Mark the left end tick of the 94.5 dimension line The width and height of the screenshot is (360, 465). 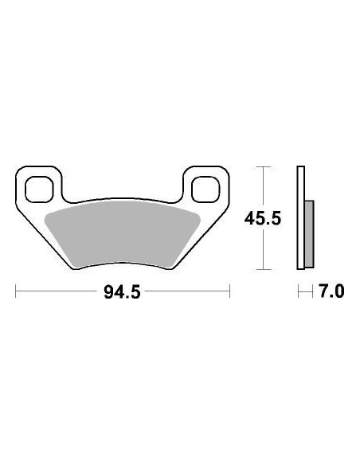(16, 292)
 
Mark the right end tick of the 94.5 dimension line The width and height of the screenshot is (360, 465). (229, 292)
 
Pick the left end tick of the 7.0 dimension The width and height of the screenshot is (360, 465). (299, 292)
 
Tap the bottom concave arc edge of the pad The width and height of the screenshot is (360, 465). (121, 264)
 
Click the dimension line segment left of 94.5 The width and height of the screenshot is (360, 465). (56, 292)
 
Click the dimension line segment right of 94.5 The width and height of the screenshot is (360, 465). (187, 292)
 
